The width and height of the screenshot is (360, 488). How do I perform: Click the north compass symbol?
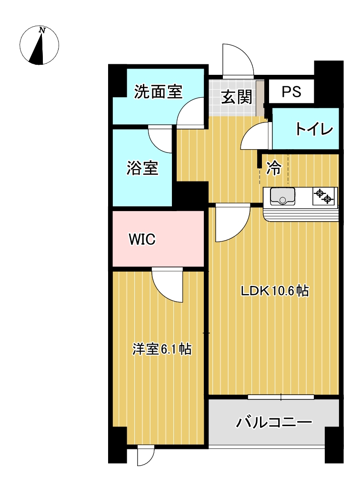(39, 45)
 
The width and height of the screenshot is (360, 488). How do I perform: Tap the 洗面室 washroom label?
(158, 92)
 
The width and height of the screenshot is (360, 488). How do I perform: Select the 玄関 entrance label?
(236, 97)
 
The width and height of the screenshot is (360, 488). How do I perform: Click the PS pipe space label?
(291, 91)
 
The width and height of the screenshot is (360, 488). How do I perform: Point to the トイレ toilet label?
(314, 129)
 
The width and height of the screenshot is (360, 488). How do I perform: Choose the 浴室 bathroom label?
(142, 168)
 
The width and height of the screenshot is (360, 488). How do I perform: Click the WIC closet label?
(142, 239)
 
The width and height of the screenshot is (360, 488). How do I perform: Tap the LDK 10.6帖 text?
(275, 291)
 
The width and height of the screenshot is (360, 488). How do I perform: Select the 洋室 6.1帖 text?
(162, 349)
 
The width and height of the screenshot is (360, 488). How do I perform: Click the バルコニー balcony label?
(274, 422)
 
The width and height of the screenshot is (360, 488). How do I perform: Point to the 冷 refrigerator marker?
(274, 168)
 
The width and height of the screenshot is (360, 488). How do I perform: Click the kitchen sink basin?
(282, 196)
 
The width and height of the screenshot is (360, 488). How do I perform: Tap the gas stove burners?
(324, 196)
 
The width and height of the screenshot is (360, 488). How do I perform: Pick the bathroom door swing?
(160, 141)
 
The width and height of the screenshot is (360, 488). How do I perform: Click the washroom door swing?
(190, 112)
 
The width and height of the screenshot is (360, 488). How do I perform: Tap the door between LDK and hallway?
(233, 223)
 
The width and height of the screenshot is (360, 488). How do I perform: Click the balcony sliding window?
(281, 397)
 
